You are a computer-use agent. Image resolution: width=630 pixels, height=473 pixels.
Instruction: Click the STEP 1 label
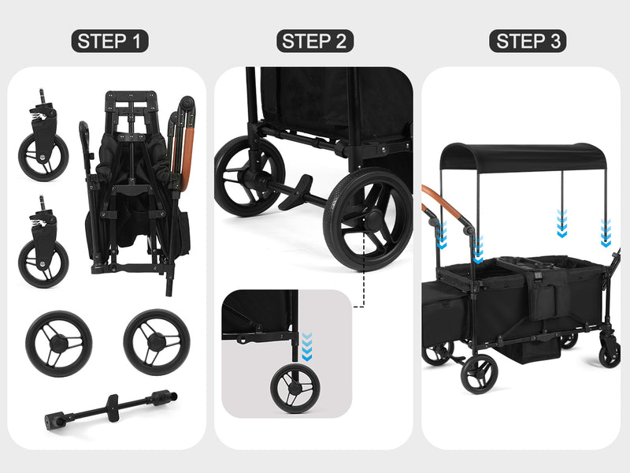coord(109,41)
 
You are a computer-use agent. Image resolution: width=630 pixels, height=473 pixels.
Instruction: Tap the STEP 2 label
coord(314,41)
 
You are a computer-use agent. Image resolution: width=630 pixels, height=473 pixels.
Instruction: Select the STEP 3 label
coord(528,41)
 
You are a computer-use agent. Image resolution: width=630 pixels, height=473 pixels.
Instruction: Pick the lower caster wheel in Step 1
coord(43,244)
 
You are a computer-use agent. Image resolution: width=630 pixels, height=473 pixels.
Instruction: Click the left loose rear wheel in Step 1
coord(58,344)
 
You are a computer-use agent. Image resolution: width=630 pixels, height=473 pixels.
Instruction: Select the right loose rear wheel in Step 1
coord(157,342)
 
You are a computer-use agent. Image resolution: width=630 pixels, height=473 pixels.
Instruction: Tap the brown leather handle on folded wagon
coord(187,157)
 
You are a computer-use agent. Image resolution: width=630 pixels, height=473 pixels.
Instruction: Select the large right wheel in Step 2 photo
coord(369,219)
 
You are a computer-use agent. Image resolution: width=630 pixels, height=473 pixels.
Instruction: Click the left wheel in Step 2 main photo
coord(248,176)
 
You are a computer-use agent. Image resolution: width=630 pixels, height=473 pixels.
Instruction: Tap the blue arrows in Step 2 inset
coord(307,346)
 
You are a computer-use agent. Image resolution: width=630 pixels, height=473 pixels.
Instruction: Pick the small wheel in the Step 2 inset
coord(295,388)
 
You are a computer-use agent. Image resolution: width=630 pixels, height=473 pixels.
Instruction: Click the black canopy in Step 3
coord(522,156)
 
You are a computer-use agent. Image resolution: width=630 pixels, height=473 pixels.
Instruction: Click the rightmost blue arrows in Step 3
coord(606,233)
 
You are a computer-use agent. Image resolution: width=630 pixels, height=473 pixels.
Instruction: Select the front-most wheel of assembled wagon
coord(480,374)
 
